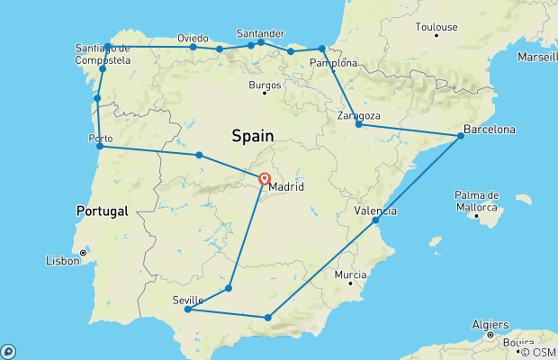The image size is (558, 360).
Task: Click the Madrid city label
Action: click(286, 187)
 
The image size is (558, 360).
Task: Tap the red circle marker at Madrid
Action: click(265, 178)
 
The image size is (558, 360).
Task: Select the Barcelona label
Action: click(490, 130)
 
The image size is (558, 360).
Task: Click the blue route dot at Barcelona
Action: click(461, 136)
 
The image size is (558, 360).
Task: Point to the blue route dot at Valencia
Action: click(375, 220)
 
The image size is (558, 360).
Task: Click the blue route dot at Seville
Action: click(187, 310)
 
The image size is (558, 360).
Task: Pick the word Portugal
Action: click(103, 211)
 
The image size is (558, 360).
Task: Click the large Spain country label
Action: click(252, 136)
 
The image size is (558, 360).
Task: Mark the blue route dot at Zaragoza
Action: click(358, 124)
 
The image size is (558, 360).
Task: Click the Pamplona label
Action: click(333, 63)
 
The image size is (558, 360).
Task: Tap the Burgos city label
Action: click(265, 85)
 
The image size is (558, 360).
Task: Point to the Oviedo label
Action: click(193, 39)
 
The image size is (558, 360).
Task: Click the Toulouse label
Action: click(436, 27)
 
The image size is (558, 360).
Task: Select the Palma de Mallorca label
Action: click(477, 201)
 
